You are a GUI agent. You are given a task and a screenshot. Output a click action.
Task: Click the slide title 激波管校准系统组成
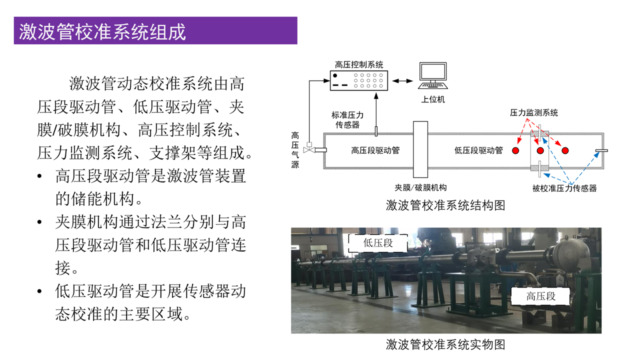[x=102, y=31]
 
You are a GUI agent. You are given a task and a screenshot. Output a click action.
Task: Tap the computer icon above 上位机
[x=433, y=75]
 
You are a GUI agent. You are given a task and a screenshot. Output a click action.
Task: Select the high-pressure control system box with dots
[x=359, y=80]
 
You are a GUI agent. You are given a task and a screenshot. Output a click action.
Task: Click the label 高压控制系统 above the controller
[x=359, y=64]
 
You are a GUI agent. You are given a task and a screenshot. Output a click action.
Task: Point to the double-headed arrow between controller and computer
[x=402, y=81]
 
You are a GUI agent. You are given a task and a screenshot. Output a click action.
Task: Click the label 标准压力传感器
[x=347, y=120]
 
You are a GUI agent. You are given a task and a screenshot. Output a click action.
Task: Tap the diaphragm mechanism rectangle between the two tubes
[x=420, y=149]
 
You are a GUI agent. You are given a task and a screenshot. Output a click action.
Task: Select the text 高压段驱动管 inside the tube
[x=375, y=150]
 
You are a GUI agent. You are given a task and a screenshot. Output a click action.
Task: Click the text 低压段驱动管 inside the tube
[x=478, y=150]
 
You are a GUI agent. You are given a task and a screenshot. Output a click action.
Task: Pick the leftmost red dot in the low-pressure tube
[x=515, y=150]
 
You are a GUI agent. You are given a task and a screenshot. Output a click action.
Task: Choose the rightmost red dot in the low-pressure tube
[x=565, y=150]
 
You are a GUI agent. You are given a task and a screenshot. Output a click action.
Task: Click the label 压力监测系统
[x=533, y=112]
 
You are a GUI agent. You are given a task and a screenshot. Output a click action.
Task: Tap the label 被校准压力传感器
[x=564, y=188]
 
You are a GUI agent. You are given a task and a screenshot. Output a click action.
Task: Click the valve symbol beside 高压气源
[x=309, y=148]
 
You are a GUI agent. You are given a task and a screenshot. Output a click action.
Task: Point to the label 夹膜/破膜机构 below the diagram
[x=420, y=187]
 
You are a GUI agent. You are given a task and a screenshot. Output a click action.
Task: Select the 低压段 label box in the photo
[x=378, y=243]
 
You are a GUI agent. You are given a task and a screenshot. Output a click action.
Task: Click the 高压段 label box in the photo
[x=540, y=296]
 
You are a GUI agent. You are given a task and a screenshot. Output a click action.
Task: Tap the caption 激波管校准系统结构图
[x=445, y=205]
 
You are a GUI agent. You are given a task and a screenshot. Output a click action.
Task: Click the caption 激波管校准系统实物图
[x=445, y=344]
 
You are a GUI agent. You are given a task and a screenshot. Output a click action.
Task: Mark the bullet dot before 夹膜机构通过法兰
[x=39, y=222]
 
